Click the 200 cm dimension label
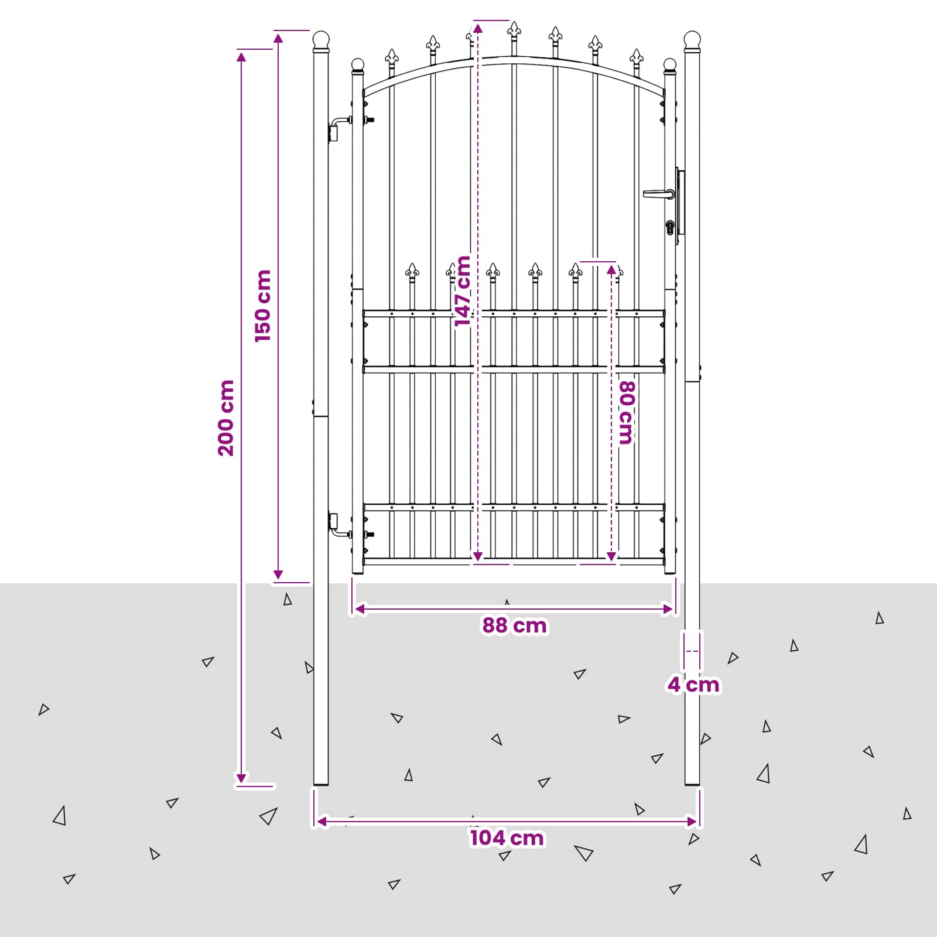(226, 418)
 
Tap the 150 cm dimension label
(263, 306)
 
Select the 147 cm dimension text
(463, 291)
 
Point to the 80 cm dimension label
(626, 413)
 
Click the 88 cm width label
(514, 625)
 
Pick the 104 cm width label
(507, 838)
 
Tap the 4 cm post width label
(693, 685)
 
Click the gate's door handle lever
(659, 193)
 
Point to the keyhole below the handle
(670, 227)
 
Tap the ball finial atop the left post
(321, 40)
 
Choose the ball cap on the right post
(692, 40)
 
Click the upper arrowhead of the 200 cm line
(241, 56)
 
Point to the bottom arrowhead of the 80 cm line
(611, 556)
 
